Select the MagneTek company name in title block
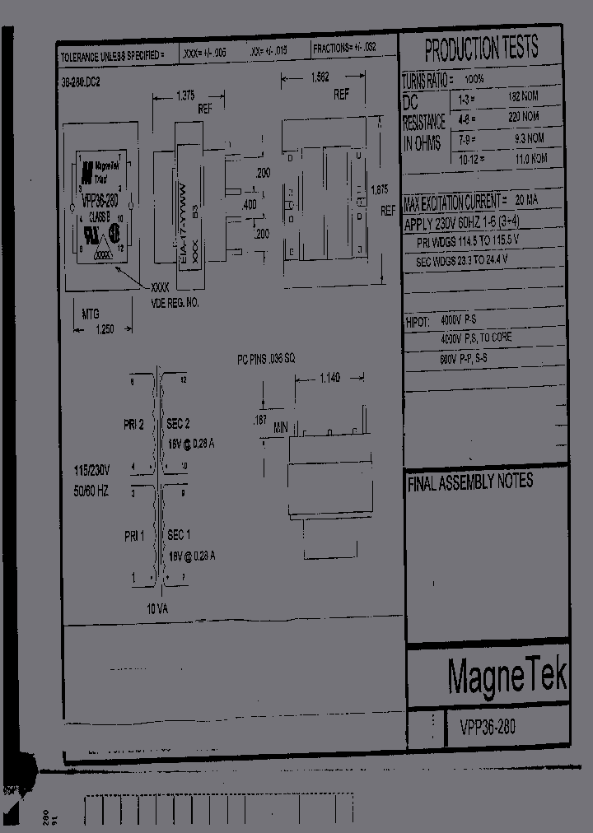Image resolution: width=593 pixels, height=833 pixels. tap(507, 676)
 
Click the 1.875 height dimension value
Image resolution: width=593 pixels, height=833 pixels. tap(379, 189)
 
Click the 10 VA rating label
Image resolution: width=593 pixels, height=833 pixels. tap(158, 610)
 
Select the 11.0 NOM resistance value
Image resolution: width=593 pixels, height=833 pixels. tap(525, 157)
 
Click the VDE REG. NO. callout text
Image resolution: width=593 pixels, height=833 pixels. tap(175, 303)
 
